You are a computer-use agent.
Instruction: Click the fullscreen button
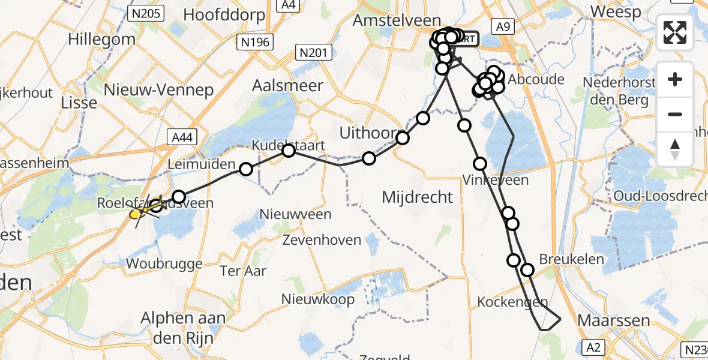(x=675, y=32)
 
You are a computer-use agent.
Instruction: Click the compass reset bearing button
(x=675, y=149)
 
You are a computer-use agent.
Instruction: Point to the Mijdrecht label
(x=418, y=197)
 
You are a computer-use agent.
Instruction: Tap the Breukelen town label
(x=571, y=259)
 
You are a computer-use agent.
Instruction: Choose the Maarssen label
(x=613, y=320)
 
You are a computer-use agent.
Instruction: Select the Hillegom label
(x=101, y=40)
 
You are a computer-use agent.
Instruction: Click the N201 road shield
(x=313, y=53)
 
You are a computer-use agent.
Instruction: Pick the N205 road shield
(x=146, y=12)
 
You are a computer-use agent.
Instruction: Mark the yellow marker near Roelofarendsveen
(x=135, y=213)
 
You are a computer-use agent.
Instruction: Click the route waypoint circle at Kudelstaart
(x=289, y=150)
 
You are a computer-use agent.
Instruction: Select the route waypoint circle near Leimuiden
(x=246, y=169)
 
